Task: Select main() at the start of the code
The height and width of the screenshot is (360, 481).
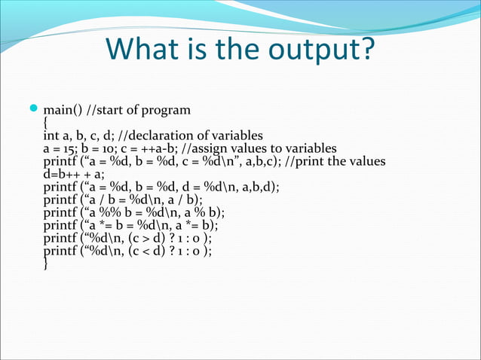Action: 63,111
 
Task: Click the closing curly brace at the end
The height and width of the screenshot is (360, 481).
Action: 46,264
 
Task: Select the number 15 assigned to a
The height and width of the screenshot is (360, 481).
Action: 70,149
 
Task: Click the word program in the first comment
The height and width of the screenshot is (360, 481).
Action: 166,111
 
